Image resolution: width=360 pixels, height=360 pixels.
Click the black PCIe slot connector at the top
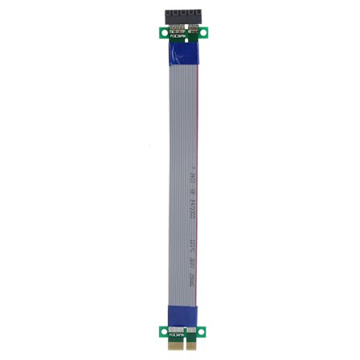180,15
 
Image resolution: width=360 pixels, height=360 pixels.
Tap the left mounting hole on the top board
157,32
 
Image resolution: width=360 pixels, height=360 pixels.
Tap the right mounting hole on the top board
203,32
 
